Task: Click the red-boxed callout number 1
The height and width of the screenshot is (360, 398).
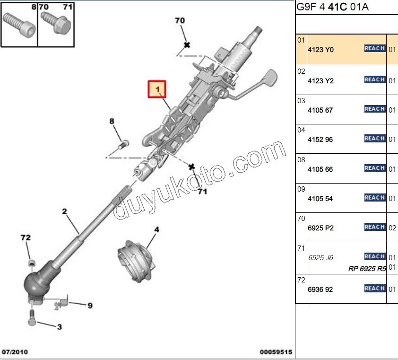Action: click(157, 89)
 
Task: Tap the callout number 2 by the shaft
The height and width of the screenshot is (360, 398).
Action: click(65, 211)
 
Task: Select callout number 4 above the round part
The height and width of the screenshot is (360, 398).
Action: click(156, 230)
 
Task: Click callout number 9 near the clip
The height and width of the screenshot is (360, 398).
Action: click(89, 306)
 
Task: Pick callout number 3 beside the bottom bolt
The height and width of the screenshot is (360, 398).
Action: click(59, 326)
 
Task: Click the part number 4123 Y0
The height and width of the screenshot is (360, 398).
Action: click(320, 50)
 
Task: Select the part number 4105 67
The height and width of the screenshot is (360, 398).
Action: click(320, 110)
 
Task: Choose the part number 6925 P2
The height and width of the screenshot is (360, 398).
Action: click(320, 228)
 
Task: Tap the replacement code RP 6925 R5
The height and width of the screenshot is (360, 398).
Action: click(367, 268)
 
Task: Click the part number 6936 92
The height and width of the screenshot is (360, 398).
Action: click(320, 289)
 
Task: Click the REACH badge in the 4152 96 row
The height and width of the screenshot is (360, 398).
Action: click(374, 139)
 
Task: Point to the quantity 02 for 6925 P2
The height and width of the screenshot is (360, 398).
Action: click(392, 228)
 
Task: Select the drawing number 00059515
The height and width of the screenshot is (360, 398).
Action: click(276, 352)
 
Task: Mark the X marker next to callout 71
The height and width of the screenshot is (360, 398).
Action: click(191, 167)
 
